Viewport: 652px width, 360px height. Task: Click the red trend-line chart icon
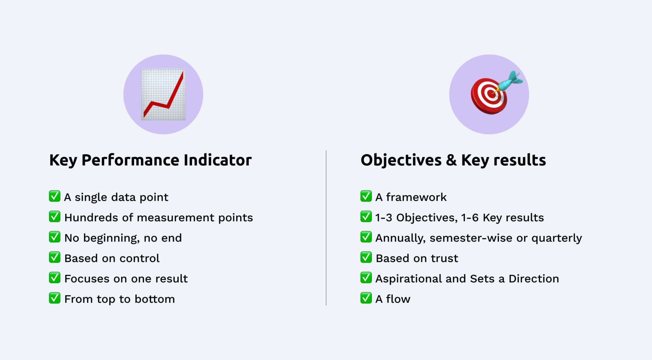coord(163,95)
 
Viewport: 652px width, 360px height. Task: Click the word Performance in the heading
coord(131,160)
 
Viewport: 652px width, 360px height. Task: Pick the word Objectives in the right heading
coord(401,160)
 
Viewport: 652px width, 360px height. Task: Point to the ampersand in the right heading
coord(451,160)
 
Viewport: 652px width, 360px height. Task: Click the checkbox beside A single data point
coord(55,196)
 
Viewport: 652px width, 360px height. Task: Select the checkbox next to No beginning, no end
coord(55,237)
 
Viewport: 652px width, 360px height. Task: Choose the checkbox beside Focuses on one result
coord(55,278)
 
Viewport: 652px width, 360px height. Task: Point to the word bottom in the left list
coord(155,299)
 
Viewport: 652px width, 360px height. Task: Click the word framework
coord(416,197)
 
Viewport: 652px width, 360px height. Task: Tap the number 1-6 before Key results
coord(470,218)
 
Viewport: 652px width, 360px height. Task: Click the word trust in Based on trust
coord(444,258)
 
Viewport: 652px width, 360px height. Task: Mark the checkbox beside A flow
coord(366,298)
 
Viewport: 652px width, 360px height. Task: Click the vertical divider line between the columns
coord(326,228)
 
